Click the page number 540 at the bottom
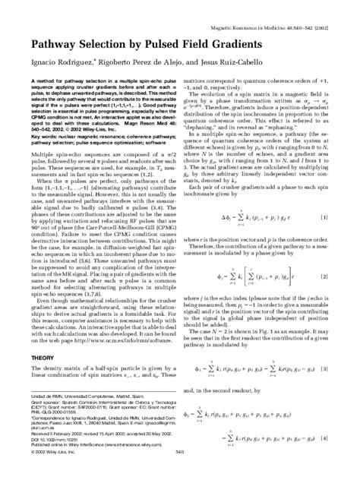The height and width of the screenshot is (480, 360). click(x=179, y=472)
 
